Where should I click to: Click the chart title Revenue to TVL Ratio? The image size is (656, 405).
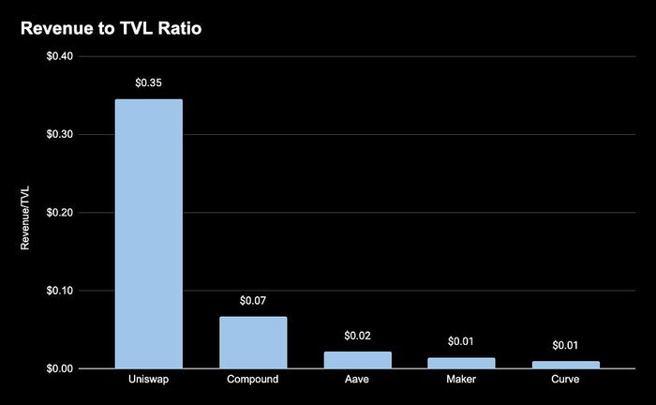point(112,29)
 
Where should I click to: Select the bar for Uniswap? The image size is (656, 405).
point(148,233)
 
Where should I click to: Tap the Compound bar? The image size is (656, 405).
point(253,342)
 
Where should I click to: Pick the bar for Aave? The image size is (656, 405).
point(357,360)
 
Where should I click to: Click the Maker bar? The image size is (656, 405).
point(461,363)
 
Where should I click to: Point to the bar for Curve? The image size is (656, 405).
point(565,365)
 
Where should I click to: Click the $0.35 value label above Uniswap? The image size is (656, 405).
point(148,83)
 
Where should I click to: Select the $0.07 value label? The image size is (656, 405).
point(253,301)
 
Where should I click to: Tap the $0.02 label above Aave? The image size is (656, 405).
point(357,336)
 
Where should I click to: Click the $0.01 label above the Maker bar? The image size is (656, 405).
point(461,341)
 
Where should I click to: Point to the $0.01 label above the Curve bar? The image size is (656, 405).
point(565,345)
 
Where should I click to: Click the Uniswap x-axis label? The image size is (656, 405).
point(148,382)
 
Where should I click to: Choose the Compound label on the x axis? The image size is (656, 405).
point(253,382)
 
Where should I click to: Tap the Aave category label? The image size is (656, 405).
point(357,382)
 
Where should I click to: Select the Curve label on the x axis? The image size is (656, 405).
point(565,382)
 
